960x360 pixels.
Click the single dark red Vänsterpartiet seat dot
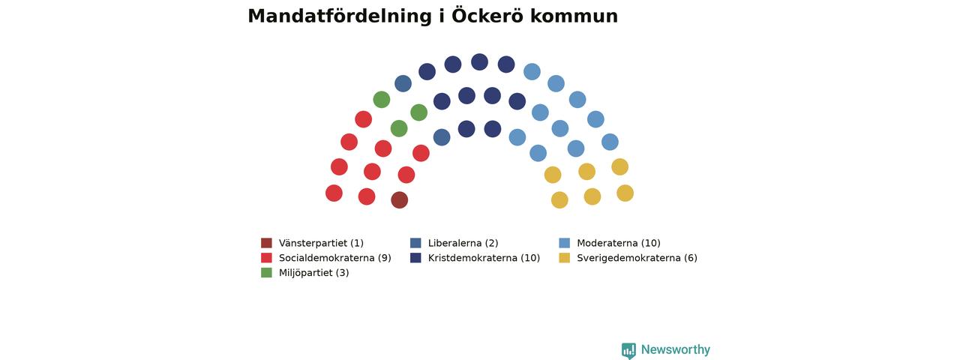pyautogui.click(x=400, y=200)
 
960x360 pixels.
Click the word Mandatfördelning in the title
pyautogui.click(x=340, y=16)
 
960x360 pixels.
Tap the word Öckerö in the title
pyautogui.click(x=487, y=16)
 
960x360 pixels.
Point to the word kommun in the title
pyautogui.click(x=574, y=16)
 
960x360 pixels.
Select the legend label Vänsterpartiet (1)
pyautogui.click(x=321, y=243)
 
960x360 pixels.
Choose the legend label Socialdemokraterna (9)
pyautogui.click(x=334, y=258)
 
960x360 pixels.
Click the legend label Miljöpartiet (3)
pyautogui.click(x=313, y=273)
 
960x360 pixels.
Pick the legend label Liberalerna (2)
pyautogui.click(x=463, y=243)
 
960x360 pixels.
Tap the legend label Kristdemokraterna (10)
pyautogui.click(x=484, y=258)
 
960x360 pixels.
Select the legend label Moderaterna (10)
pyautogui.click(x=619, y=243)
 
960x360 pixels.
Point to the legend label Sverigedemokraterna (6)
pyautogui.click(x=637, y=258)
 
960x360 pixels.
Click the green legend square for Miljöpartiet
pyautogui.click(x=266, y=272)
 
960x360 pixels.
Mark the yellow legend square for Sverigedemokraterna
pyautogui.click(x=565, y=258)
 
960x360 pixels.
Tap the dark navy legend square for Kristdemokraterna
pyautogui.click(x=415, y=258)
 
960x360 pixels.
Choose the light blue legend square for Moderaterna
pyautogui.click(x=565, y=243)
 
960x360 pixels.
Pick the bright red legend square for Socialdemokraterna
pyautogui.click(x=266, y=258)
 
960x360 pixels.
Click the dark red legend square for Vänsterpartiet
pyautogui.click(x=266, y=243)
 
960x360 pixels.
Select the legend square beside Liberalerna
pyautogui.click(x=415, y=243)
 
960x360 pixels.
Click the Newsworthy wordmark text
pyautogui.click(x=676, y=349)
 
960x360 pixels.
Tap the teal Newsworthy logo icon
pyautogui.click(x=628, y=350)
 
